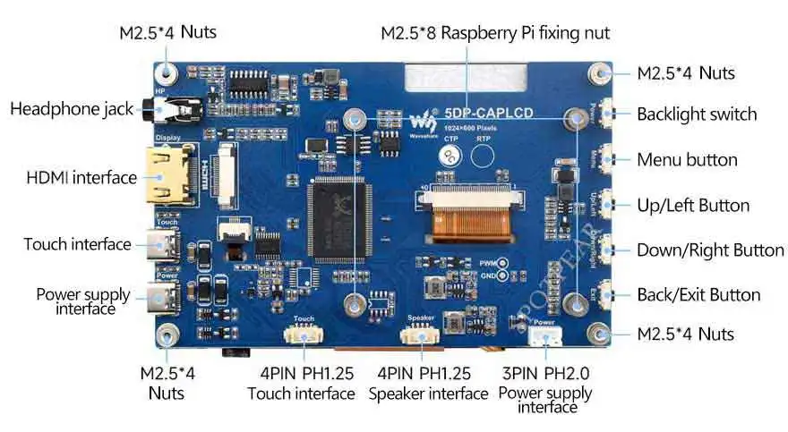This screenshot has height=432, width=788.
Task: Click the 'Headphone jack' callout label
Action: (x=72, y=110)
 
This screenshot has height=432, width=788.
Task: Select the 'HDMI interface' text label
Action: (x=81, y=177)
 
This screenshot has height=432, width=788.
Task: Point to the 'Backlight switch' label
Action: (x=697, y=114)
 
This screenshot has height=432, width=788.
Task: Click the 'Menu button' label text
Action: (x=687, y=160)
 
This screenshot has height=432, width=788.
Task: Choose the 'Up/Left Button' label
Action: (x=693, y=205)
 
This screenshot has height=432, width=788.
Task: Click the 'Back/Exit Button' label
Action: (x=698, y=294)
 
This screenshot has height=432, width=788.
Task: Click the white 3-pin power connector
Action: (x=544, y=338)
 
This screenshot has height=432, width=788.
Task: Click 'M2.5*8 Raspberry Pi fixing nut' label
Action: (x=495, y=33)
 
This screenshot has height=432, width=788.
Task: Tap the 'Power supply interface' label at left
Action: (x=82, y=301)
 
